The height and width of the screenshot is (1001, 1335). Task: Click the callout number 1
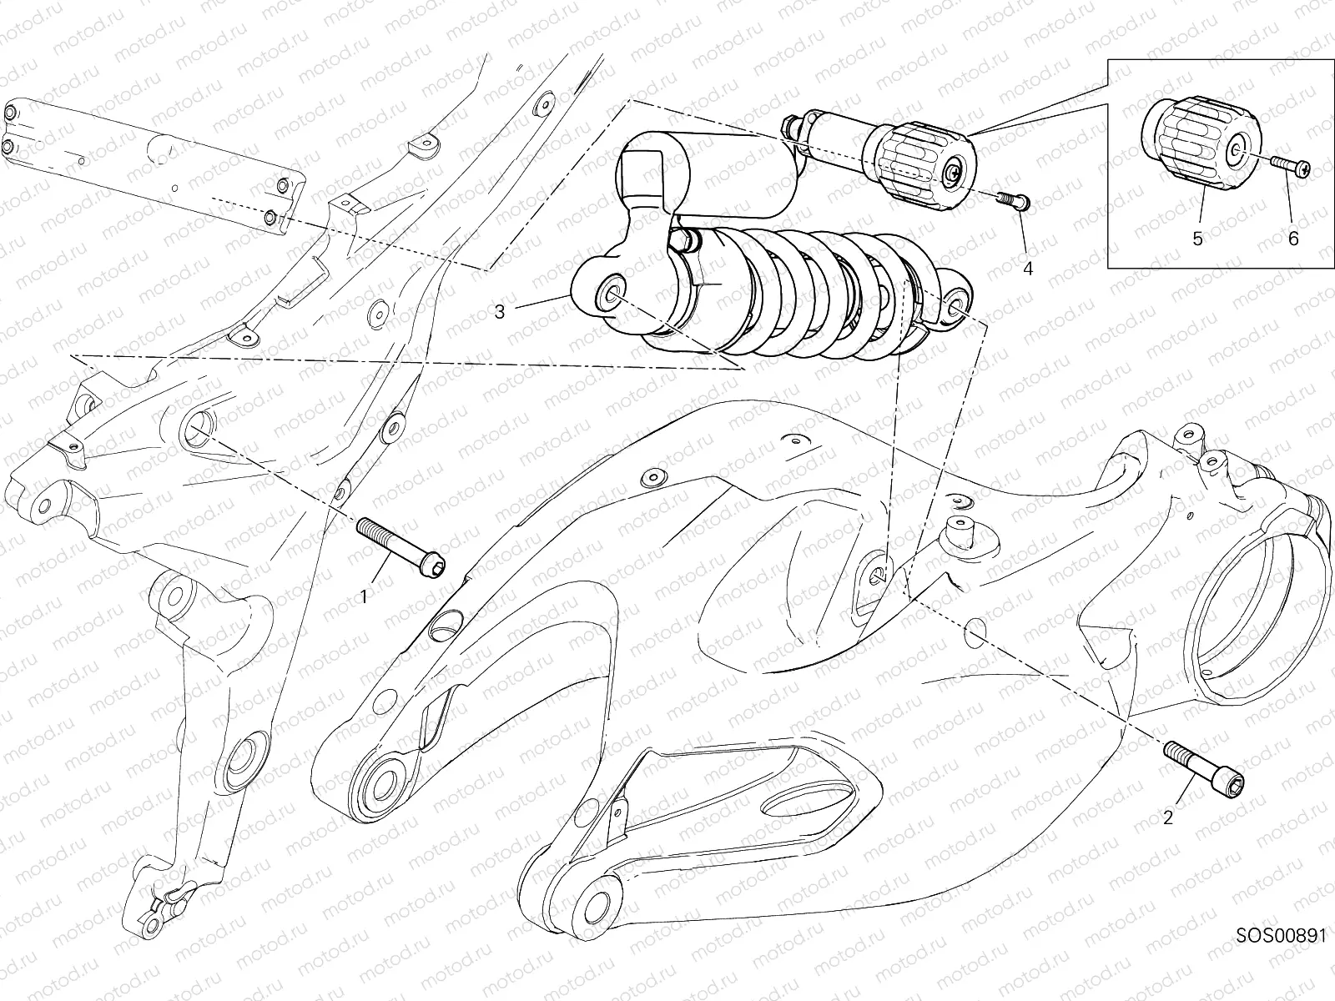pos(363,596)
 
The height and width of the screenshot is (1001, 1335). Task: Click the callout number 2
pos(1168,817)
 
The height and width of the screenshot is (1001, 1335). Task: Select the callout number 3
pos(500,312)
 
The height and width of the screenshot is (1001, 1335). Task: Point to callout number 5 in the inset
pos(1197,239)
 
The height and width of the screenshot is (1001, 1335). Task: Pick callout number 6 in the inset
pos(1293,239)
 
